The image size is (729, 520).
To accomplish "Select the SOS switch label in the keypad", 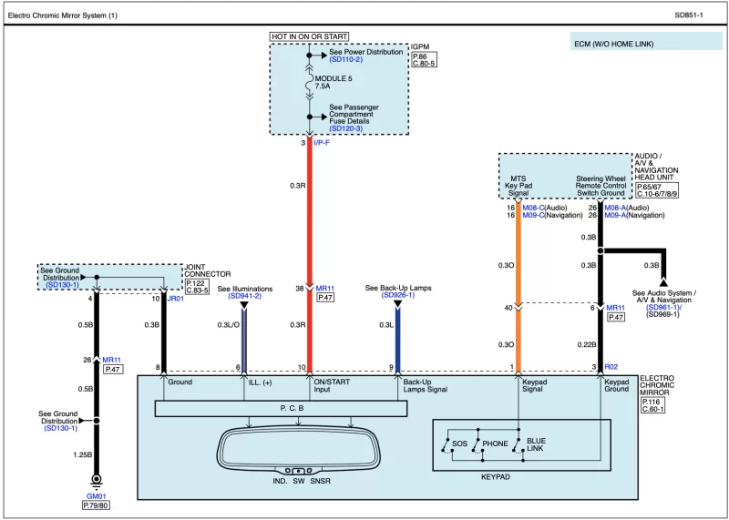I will tap(459, 444).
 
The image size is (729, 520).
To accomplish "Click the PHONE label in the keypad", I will tap(495, 444).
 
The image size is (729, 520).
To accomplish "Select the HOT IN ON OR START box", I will tap(310, 36).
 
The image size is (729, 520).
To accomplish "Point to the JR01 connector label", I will tap(176, 298).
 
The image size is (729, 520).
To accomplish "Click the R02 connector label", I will tap(611, 367).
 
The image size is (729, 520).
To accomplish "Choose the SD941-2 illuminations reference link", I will tap(244, 296).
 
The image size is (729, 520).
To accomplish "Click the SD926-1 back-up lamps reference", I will tap(398, 296).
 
